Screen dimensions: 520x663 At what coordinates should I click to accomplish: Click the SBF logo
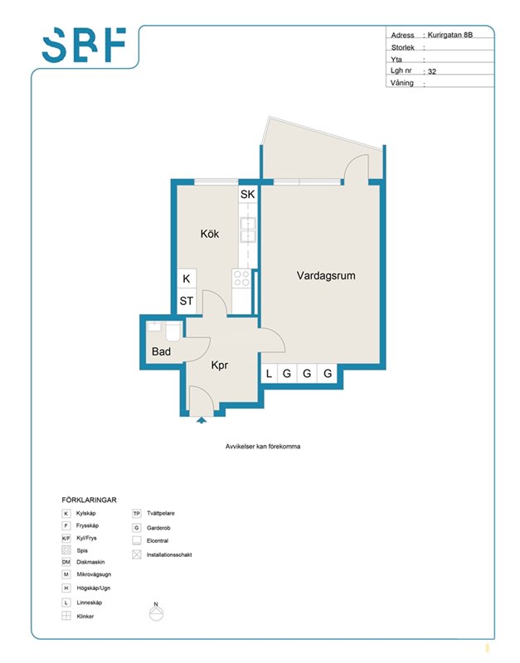(85, 45)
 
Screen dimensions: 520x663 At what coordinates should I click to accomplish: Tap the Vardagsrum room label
(326, 276)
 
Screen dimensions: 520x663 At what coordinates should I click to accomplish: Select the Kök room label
(210, 234)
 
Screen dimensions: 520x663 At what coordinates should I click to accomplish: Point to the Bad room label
(161, 351)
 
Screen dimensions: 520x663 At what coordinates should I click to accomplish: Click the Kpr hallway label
(220, 365)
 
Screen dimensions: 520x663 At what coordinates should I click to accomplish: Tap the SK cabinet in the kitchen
(247, 194)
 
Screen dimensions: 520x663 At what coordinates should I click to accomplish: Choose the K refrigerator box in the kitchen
(187, 278)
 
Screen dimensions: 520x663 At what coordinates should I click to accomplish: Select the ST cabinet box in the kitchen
(187, 301)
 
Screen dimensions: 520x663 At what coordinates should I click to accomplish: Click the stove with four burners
(241, 278)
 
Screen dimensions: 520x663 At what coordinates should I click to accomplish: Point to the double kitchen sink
(247, 230)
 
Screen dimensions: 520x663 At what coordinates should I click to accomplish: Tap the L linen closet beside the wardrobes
(269, 374)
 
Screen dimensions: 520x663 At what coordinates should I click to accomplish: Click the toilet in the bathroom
(173, 331)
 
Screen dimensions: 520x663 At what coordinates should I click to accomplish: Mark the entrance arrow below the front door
(202, 420)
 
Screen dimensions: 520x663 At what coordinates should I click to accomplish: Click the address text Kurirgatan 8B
(450, 35)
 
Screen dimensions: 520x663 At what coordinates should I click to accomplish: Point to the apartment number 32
(432, 71)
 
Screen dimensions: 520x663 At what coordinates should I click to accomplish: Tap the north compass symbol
(156, 612)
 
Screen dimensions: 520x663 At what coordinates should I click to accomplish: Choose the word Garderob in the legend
(158, 528)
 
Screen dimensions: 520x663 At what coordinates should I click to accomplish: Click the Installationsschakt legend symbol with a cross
(137, 554)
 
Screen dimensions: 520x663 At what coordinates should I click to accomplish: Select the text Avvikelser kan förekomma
(263, 446)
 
